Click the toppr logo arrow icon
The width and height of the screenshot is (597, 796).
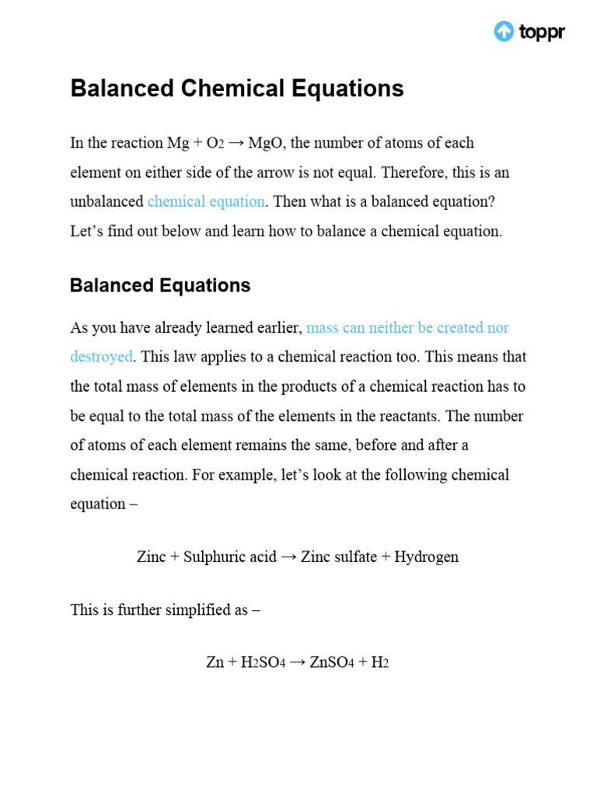(x=504, y=31)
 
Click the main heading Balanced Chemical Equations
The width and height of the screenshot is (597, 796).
(x=237, y=89)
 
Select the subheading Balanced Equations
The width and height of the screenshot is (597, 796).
(x=160, y=285)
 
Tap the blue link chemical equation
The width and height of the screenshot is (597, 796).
(x=206, y=201)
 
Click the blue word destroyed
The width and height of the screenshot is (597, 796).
(x=101, y=357)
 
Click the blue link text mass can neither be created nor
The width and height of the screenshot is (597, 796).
(x=408, y=327)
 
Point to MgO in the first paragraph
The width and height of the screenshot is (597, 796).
(x=267, y=143)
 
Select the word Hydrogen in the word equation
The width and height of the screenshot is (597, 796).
(x=427, y=557)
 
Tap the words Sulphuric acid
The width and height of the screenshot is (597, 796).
(x=230, y=557)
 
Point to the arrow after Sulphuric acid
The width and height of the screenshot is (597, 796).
(x=288, y=557)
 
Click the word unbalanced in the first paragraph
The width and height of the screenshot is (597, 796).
(x=106, y=201)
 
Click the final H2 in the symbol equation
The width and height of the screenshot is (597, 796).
(x=379, y=662)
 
